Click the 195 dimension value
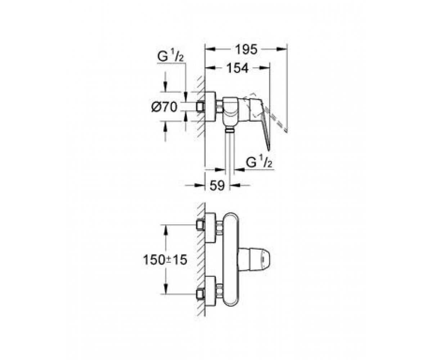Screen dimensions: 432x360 pos(246,49)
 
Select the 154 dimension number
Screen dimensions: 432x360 pos(237,68)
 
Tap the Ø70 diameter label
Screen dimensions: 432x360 pos(165,107)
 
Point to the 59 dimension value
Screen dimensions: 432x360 pos(217,185)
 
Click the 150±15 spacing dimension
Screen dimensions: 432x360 pos(165,260)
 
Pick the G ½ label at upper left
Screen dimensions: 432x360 pos(170,56)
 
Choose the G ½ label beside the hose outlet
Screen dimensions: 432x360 pos(259,162)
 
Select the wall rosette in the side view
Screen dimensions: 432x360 pos(210,106)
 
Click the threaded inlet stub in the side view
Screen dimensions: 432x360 pos(201,107)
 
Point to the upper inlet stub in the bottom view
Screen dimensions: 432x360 pos(201,225)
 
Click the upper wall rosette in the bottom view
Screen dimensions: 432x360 pos(210,228)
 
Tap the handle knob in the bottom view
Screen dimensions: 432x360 pos(254,260)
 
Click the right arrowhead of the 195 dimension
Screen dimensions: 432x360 pos(282,49)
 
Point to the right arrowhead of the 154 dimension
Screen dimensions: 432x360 pos(265,68)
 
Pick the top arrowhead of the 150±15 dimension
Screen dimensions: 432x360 pos(166,230)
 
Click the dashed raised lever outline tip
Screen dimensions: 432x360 pos(286,130)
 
